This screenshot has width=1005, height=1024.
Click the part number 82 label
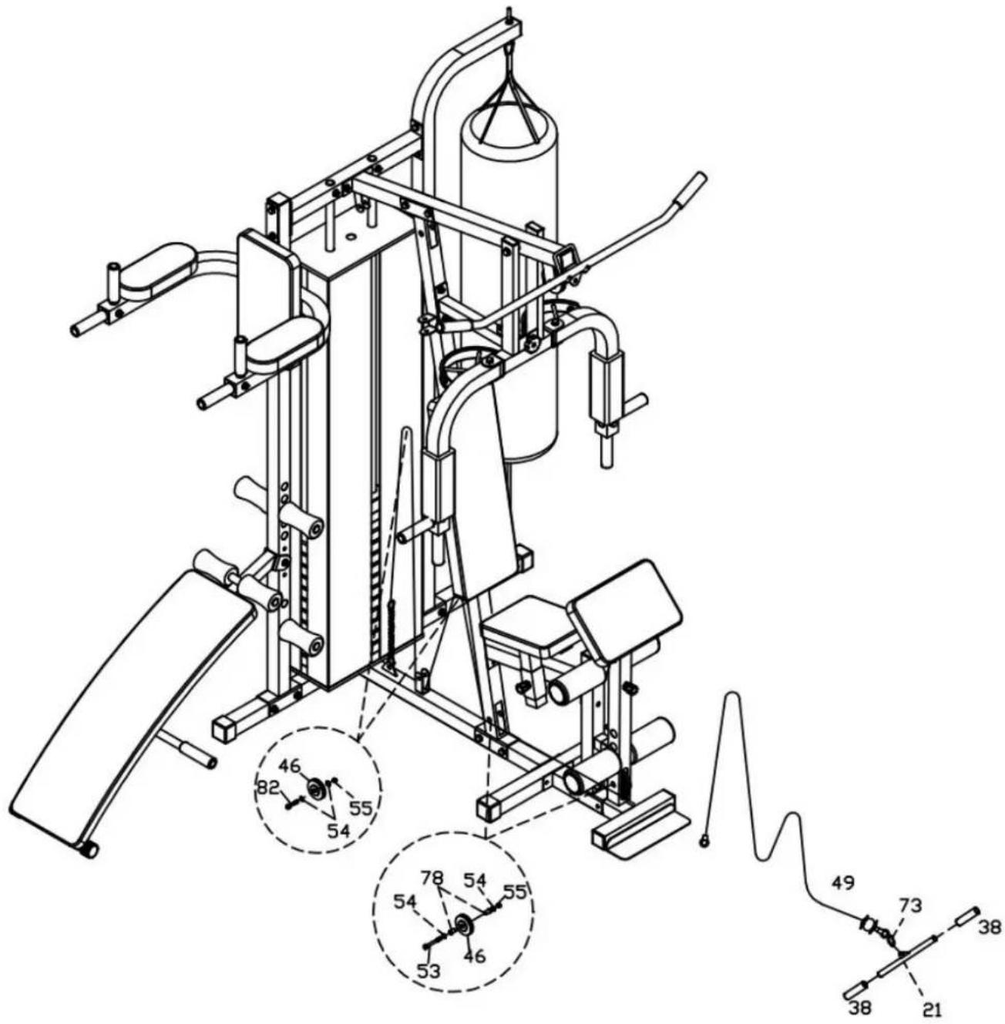point(269,788)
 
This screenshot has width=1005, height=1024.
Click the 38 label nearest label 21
point(859,1007)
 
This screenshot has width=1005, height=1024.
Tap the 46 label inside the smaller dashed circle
point(290,767)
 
